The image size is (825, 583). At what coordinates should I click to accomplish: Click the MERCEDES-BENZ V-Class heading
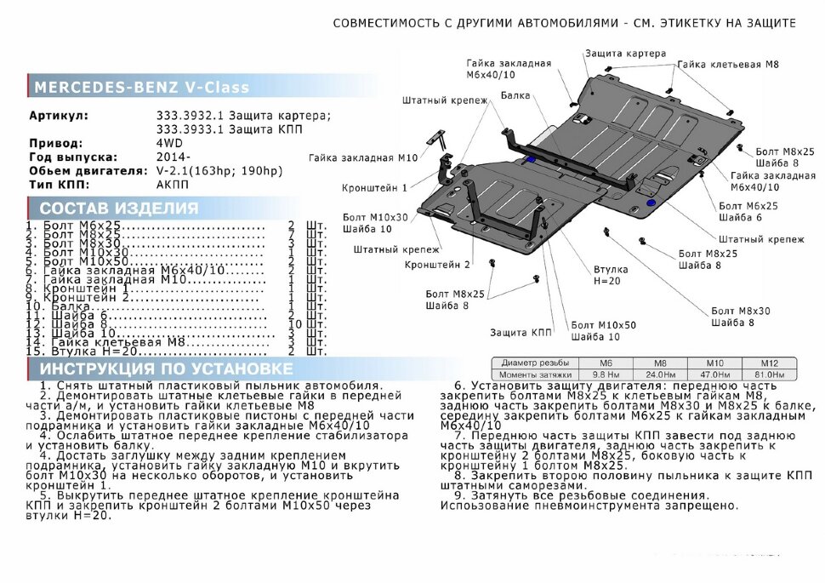tap(141, 88)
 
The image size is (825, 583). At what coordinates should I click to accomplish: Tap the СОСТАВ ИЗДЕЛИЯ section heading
tap(119, 209)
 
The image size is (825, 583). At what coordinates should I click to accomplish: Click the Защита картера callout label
tap(618, 54)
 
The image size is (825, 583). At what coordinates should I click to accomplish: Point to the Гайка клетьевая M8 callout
tap(728, 64)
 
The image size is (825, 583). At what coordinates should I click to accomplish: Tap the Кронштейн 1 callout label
tap(374, 187)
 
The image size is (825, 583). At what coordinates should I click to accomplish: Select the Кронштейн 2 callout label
tap(437, 265)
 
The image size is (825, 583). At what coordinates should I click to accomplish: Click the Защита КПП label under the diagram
tap(520, 331)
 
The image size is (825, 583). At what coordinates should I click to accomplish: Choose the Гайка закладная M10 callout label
tap(363, 158)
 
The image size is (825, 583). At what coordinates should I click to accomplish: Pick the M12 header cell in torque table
tap(769, 363)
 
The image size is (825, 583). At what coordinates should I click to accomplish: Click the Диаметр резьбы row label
tap(536, 363)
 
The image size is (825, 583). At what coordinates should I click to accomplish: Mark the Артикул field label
tap(59, 116)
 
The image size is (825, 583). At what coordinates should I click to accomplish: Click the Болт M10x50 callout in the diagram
tap(604, 325)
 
